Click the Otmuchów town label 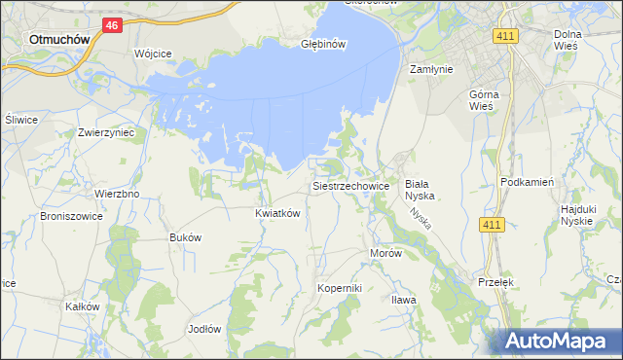click(x=59, y=40)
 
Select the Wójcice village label click(x=153, y=54)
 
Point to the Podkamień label click(x=527, y=182)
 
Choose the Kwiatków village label click(x=276, y=212)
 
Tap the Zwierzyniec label click(x=105, y=131)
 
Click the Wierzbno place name click(x=117, y=194)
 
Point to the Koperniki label click(x=340, y=288)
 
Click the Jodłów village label click(x=204, y=329)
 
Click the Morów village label click(x=385, y=253)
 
